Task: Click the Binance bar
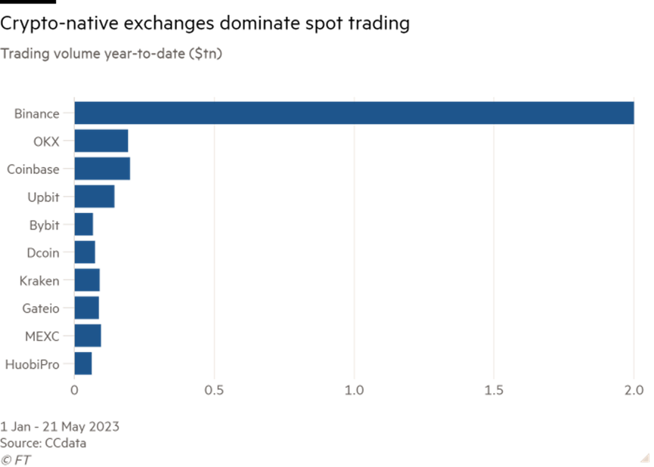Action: [x=354, y=113]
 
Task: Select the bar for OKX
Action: [x=101, y=141]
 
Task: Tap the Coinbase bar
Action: [x=102, y=169]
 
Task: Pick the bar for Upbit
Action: [x=95, y=196]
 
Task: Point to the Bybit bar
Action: [x=84, y=224]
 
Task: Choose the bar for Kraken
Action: [x=87, y=280]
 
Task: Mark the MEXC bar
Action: [x=88, y=336]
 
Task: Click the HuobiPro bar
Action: [x=83, y=363]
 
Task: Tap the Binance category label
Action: [x=36, y=114]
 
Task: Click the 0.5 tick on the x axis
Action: [x=215, y=390]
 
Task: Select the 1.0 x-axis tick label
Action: [x=354, y=390]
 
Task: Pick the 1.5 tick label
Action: [x=494, y=390]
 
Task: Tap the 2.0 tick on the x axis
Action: [x=633, y=390]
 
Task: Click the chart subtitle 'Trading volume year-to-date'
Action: [x=111, y=54]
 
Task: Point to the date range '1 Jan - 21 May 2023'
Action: [x=60, y=427]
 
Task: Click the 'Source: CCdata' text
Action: [x=43, y=444]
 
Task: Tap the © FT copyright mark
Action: [x=16, y=459]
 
